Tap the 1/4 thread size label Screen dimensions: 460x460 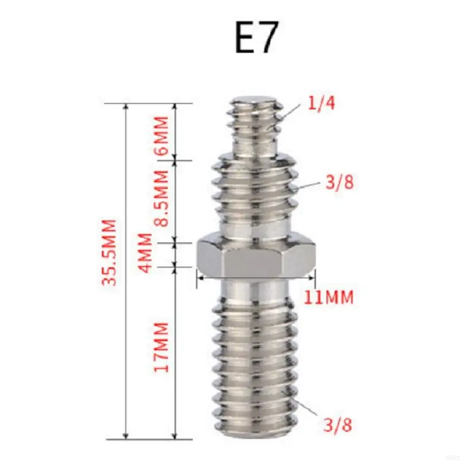click(x=321, y=104)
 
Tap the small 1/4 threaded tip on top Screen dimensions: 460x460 click(x=256, y=126)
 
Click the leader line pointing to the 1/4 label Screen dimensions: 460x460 click(x=293, y=112)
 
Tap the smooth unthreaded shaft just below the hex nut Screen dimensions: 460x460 click(x=256, y=287)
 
